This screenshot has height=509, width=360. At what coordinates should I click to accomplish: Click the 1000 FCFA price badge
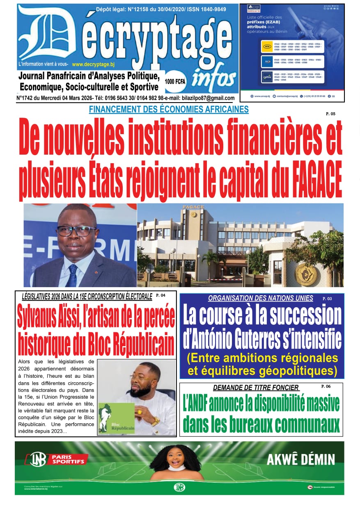(175, 81)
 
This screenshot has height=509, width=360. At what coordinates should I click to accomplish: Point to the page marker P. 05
(330, 114)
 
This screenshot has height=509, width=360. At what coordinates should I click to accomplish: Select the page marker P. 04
(161, 295)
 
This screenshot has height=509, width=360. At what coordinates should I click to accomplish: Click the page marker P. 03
(327, 299)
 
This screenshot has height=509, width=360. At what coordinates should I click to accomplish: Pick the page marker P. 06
(326, 386)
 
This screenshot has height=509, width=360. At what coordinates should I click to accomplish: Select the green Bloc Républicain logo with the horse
(116, 418)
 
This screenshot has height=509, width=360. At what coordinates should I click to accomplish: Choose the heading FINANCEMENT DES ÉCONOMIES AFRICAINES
(169, 109)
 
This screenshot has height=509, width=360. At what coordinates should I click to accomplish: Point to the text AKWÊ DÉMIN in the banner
(300, 459)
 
